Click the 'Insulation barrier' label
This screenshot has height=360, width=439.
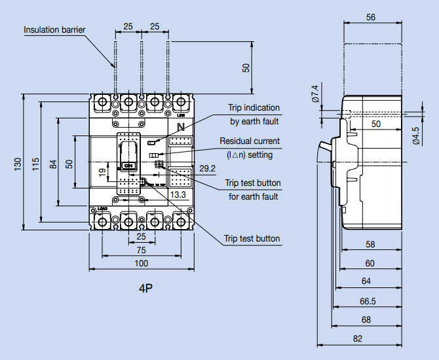click(55, 29)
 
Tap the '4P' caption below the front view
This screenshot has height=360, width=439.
click(146, 288)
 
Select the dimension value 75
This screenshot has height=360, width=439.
click(141, 250)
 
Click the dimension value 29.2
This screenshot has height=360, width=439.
click(207, 169)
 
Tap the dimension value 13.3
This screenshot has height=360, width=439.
click(178, 194)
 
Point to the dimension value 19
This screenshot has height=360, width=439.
click(102, 173)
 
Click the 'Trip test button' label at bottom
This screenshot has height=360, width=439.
click(252, 239)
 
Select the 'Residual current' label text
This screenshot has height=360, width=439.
click(249, 141)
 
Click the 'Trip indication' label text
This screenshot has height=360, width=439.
click(254, 107)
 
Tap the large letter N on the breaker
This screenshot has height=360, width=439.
click(181, 126)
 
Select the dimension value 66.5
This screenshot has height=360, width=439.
click(368, 302)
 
